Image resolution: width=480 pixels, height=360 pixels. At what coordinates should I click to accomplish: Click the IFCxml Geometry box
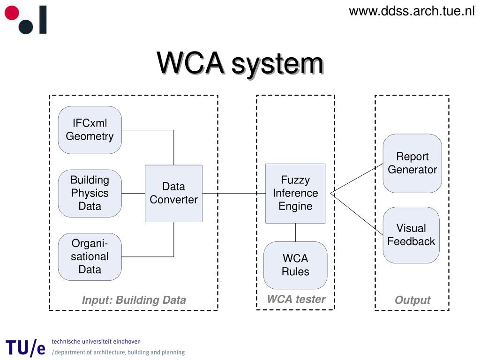tap(90, 130)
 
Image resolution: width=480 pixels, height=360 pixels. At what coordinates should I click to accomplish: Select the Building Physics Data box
tap(90, 194)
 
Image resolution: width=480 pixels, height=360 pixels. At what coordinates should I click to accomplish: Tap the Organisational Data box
tap(90, 256)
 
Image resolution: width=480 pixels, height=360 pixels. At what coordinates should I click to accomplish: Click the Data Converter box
tap(173, 194)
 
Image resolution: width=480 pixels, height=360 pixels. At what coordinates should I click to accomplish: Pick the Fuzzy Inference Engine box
tap(295, 194)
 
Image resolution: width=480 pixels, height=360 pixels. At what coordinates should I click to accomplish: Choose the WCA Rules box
tap(295, 265)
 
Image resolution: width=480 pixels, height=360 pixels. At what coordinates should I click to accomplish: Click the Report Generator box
tap(412, 163)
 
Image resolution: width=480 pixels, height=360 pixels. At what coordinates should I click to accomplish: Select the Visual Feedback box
tap(411, 235)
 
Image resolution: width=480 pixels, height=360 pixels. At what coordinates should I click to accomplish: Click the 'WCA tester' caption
tap(296, 299)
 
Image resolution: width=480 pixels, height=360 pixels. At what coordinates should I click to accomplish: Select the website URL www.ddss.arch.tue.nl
tap(412, 11)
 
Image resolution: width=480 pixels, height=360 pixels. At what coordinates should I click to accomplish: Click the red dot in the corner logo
tap(12, 13)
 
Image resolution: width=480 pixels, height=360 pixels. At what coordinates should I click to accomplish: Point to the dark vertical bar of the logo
tap(43, 19)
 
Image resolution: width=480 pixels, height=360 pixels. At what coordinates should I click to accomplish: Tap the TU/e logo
tap(25, 348)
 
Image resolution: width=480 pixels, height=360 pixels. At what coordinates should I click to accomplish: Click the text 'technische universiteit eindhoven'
tap(96, 341)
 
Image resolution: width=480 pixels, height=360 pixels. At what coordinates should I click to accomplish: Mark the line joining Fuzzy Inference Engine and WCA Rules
tap(295, 232)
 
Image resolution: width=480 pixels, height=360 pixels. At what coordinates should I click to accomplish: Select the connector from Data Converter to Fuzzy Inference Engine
tap(234, 194)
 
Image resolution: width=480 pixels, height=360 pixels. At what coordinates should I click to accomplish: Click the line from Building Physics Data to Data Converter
tap(133, 194)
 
